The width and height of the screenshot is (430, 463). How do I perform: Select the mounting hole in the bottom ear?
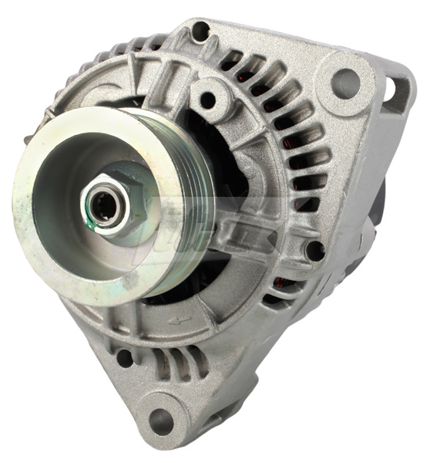click(161, 421)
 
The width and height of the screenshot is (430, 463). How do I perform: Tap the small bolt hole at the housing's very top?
click(200, 32)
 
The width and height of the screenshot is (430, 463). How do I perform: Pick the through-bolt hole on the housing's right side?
click(314, 250)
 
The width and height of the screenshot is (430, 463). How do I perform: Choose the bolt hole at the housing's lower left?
click(123, 357)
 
